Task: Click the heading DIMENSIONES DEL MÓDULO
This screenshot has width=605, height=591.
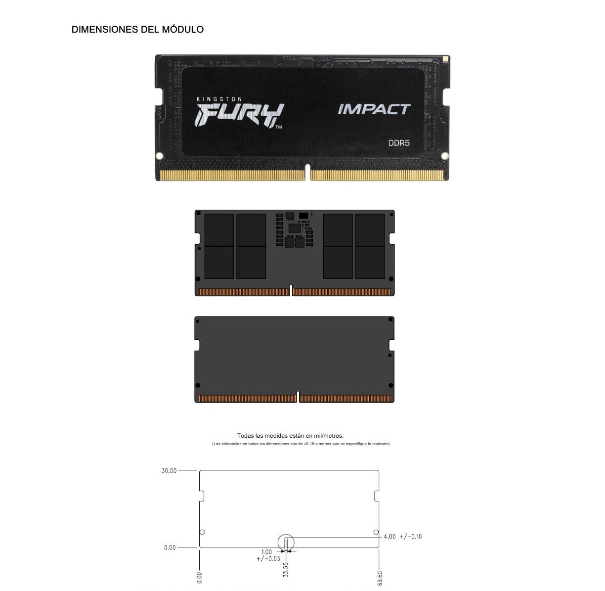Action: click(x=137, y=29)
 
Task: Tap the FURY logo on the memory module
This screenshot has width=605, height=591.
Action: click(x=239, y=115)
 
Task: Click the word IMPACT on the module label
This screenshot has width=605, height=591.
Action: click(x=374, y=109)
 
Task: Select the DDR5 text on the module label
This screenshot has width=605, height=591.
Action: click(x=399, y=143)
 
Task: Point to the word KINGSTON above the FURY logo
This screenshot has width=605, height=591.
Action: click(x=219, y=99)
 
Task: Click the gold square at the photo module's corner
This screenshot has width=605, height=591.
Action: click(x=445, y=58)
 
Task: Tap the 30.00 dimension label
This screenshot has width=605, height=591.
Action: click(x=169, y=471)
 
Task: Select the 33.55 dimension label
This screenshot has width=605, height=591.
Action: click(x=285, y=570)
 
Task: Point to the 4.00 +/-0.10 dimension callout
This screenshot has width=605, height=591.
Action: click(x=403, y=537)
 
